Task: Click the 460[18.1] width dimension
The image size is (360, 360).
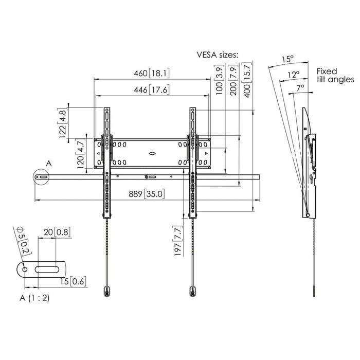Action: (152, 74)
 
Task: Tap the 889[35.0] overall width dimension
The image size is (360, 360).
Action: (147, 194)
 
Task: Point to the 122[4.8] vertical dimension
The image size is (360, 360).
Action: (64, 123)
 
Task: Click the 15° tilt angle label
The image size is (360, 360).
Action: (287, 60)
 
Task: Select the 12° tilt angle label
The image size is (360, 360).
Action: (294, 75)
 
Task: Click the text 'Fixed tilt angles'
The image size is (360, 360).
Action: (335, 75)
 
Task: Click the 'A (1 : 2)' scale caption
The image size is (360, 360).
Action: (35, 298)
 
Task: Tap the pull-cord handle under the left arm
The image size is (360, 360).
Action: (106, 290)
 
